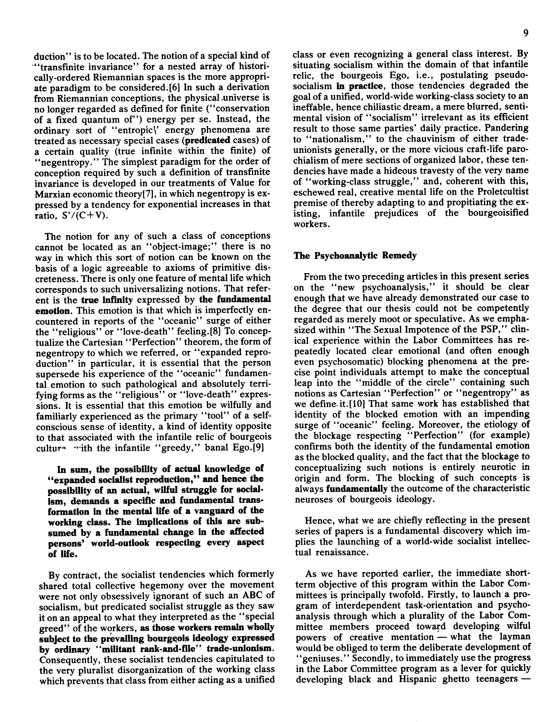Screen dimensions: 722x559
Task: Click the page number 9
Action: click(x=526, y=33)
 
